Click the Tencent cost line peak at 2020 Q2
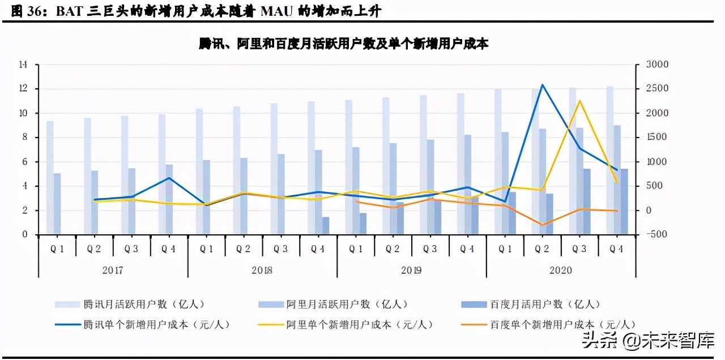pyautogui.click(x=542, y=85)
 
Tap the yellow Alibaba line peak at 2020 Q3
pyautogui.click(x=579, y=101)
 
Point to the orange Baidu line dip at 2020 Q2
pyautogui.click(x=542, y=225)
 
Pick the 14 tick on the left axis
pyautogui.click(x=23, y=65)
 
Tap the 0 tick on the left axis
pyautogui.click(x=25, y=234)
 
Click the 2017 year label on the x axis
pyautogui.click(x=113, y=270)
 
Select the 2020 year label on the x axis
pyautogui.click(x=561, y=270)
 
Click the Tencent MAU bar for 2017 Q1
pyautogui.click(x=50, y=177)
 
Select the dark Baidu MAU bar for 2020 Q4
pyautogui.click(x=624, y=202)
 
